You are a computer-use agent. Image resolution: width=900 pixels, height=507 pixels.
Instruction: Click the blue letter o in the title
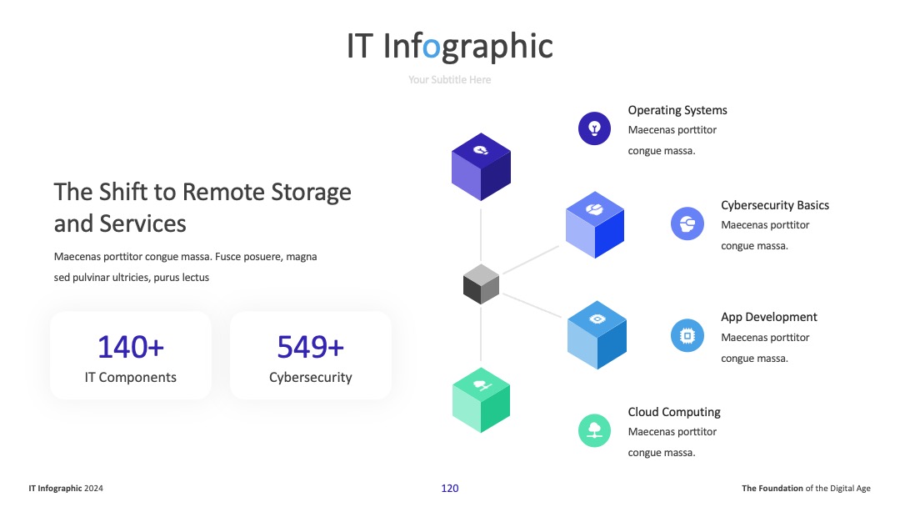click(x=431, y=48)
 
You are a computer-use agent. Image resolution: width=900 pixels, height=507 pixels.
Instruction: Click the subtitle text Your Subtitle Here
click(x=449, y=80)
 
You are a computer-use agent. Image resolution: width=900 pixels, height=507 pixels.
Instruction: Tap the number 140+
click(x=131, y=347)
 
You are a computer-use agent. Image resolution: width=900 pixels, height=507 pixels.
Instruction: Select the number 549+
click(x=311, y=347)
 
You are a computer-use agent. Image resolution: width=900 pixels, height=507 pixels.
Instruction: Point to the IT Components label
click(x=131, y=377)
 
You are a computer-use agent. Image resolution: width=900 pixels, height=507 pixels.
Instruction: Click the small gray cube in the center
click(x=481, y=284)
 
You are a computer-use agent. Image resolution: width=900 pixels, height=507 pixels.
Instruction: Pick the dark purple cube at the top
click(x=481, y=167)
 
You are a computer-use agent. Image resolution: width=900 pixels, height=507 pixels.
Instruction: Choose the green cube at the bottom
click(x=481, y=399)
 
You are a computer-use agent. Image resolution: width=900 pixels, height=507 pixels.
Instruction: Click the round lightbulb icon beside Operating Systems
click(x=594, y=128)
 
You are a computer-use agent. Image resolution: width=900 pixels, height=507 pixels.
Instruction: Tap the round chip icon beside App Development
click(x=687, y=335)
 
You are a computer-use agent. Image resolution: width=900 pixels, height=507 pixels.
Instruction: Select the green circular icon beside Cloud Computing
click(x=594, y=430)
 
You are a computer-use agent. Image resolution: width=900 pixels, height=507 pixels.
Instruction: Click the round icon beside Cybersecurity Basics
click(x=687, y=223)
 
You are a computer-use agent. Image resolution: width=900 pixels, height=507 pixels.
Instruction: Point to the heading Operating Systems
click(x=677, y=110)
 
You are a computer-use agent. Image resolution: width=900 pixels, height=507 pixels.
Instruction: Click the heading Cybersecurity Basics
click(x=775, y=206)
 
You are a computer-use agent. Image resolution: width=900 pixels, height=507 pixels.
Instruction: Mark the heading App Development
click(x=768, y=317)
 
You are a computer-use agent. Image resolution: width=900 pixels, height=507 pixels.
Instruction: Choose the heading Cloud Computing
click(x=674, y=412)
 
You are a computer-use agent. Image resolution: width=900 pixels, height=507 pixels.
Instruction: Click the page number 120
click(x=449, y=488)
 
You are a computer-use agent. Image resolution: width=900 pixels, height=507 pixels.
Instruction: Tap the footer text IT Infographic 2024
click(x=66, y=488)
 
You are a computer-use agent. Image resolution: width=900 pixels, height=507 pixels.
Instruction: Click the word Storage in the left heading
click(x=311, y=193)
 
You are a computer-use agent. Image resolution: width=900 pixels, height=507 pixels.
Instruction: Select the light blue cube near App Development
click(x=597, y=334)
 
